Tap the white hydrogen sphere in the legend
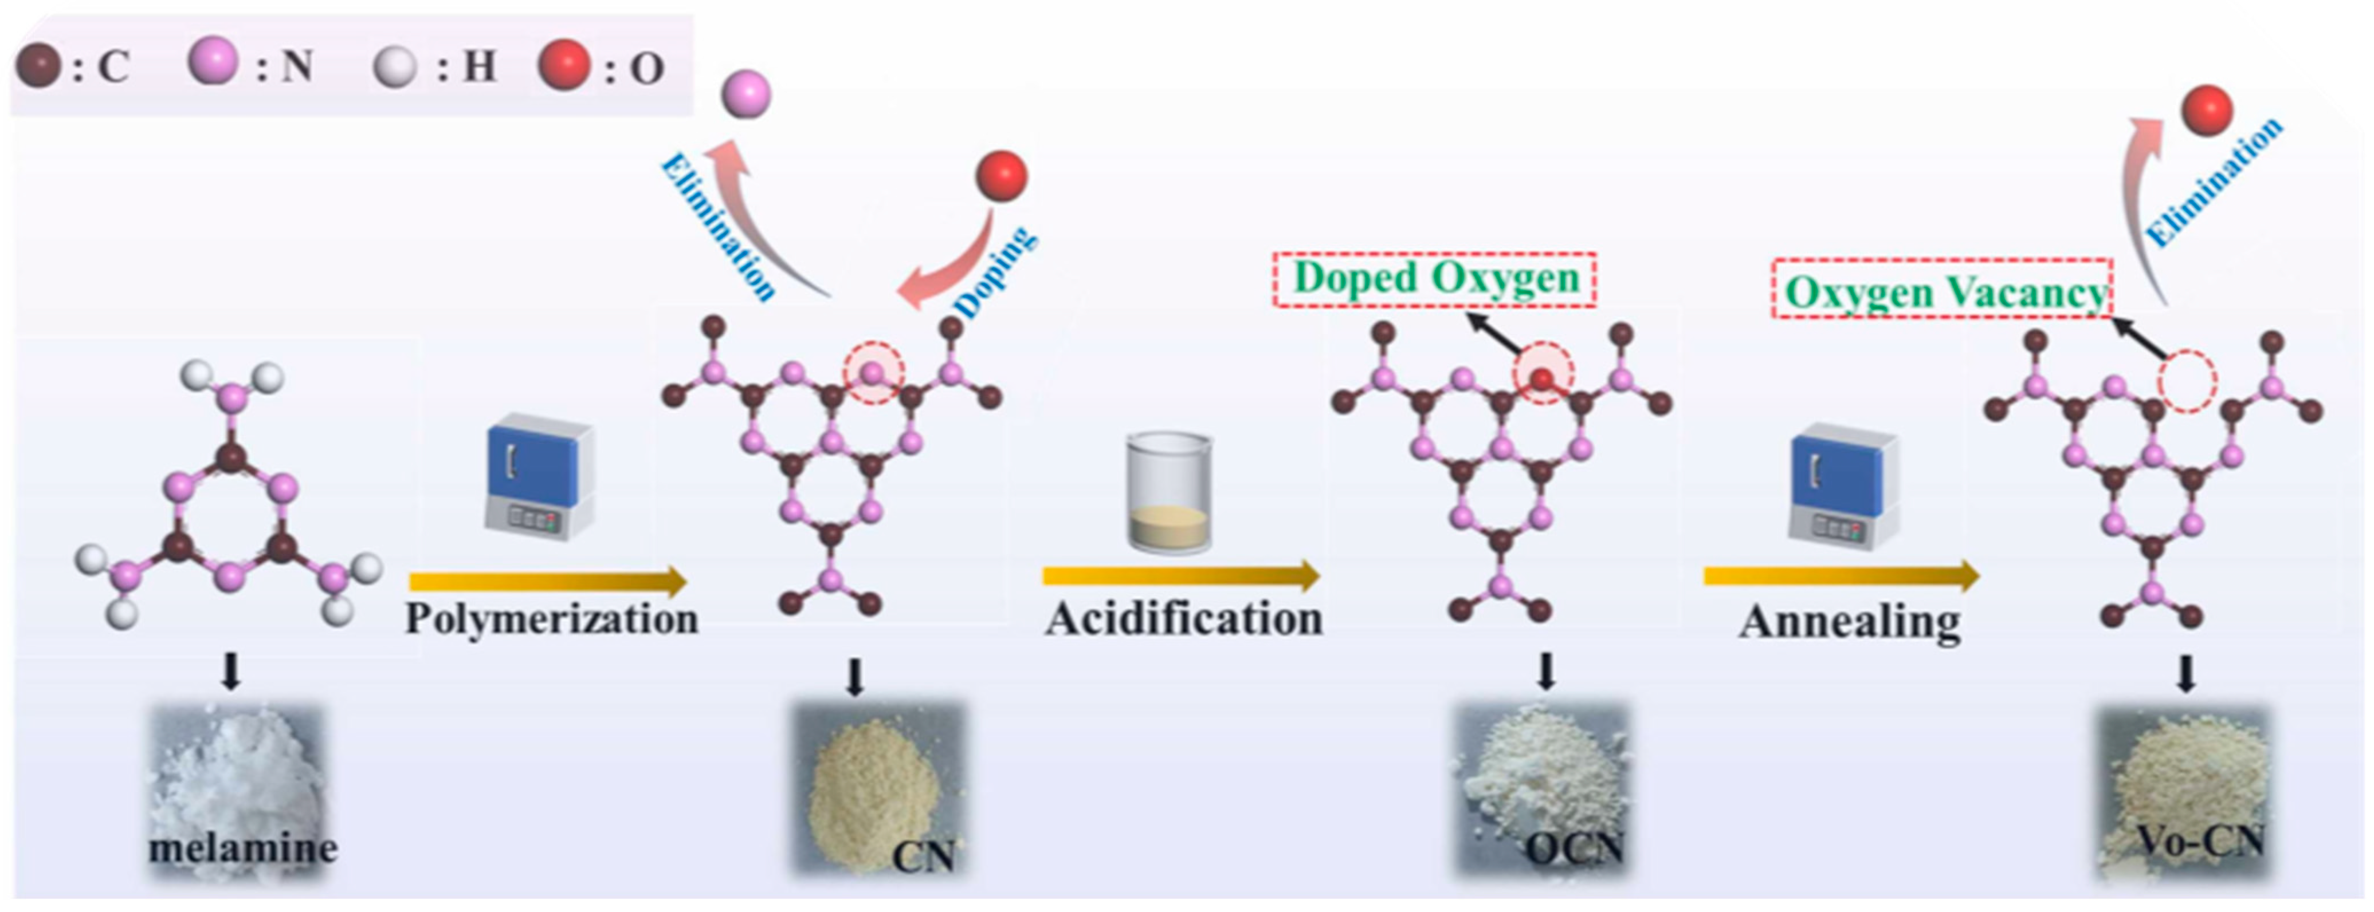tap(394, 67)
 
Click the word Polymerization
tap(551, 619)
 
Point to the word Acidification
tap(1183, 619)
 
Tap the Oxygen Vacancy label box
tap(1943, 291)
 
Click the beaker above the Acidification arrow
tap(1168, 493)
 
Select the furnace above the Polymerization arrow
tap(539, 476)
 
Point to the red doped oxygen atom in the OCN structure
tap(1543, 378)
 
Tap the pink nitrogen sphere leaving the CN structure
tap(745, 95)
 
